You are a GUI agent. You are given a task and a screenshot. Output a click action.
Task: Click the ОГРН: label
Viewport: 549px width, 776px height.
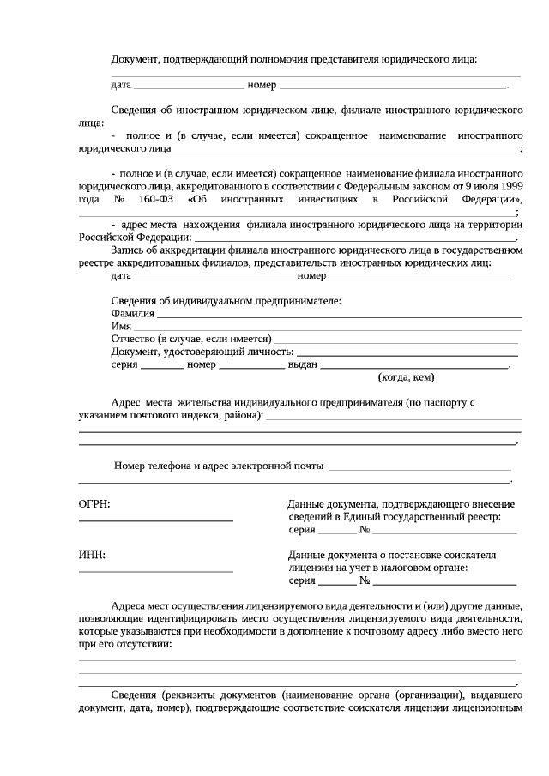(x=94, y=506)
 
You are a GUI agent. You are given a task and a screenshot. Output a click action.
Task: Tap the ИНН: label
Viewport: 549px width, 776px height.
(x=92, y=556)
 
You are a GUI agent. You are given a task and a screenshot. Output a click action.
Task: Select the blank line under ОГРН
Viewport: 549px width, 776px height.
(x=155, y=520)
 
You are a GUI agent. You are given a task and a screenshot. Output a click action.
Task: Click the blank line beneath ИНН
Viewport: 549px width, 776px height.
(x=155, y=570)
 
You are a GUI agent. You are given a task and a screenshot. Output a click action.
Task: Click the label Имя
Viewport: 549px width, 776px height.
(x=120, y=327)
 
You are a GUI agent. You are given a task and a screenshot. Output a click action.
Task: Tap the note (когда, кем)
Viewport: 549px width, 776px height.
(x=406, y=377)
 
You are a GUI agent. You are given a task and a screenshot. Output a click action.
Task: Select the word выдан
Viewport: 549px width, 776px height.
(x=302, y=364)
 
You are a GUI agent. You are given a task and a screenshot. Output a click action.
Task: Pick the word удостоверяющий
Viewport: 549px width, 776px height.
(x=227, y=352)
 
